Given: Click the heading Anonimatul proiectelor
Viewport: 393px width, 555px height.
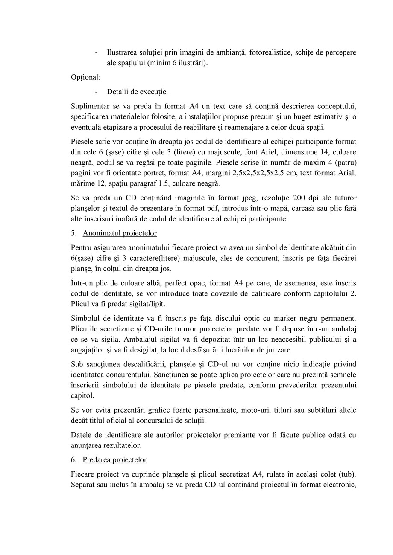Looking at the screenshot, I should click(x=120, y=233).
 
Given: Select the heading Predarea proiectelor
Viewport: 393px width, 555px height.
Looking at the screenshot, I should click(x=114, y=460).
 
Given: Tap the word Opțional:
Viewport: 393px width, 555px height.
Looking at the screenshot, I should click(x=85, y=77).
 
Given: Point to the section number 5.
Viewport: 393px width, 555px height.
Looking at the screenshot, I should click(x=73, y=233).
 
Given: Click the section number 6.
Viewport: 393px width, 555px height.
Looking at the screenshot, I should click(x=73, y=460).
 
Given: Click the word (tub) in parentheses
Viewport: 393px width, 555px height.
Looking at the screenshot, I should click(x=346, y=474).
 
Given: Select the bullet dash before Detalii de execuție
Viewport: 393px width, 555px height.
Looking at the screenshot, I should click(x=97, y=92).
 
